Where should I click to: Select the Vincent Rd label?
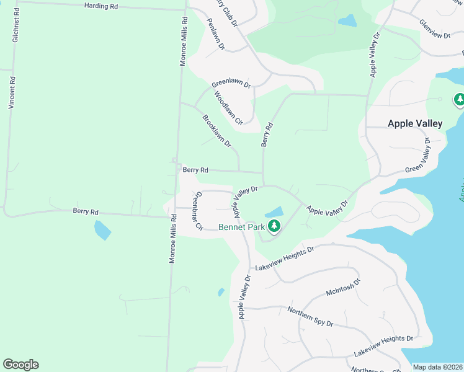[11, 93]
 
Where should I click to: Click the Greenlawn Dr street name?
[231, 84]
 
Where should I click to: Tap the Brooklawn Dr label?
[216, 131]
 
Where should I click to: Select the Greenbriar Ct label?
[198, 210]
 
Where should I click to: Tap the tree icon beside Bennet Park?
[274, 227]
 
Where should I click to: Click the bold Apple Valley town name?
[415, 123]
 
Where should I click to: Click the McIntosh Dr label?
[343, 288]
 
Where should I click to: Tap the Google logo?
[20, 365]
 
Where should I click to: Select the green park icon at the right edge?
[460, 99]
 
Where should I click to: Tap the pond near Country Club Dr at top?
[347, 20]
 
